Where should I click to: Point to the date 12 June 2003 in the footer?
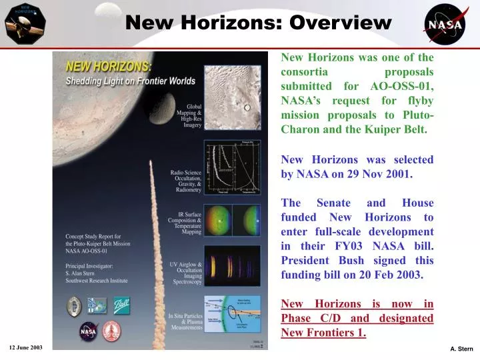click(27, 348)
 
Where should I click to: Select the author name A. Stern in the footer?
click(461, 349)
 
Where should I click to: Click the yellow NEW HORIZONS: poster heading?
click(109, 67)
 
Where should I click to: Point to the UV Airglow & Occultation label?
click(186, 274)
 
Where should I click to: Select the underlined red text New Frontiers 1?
click(324, 332)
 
